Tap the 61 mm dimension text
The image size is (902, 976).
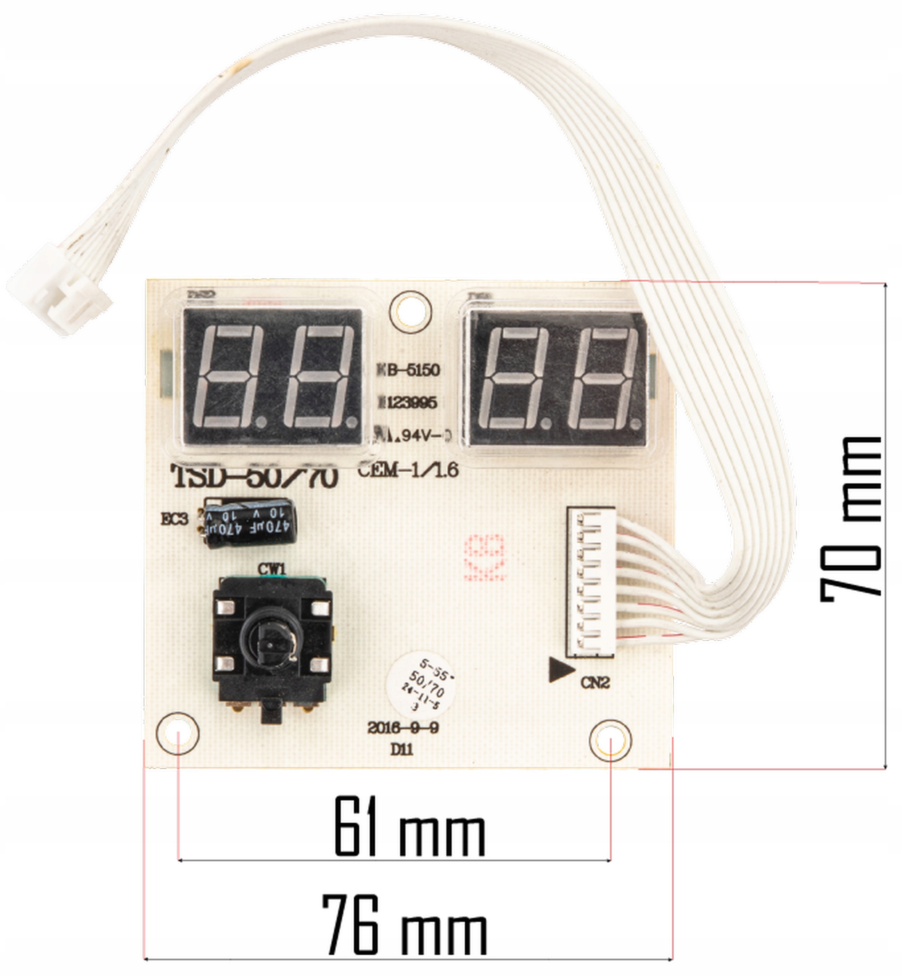pos(409,826)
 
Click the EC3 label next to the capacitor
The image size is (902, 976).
pos(174,519)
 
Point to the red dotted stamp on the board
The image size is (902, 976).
pos(485,557)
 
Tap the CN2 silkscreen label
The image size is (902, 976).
pos(595,682)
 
